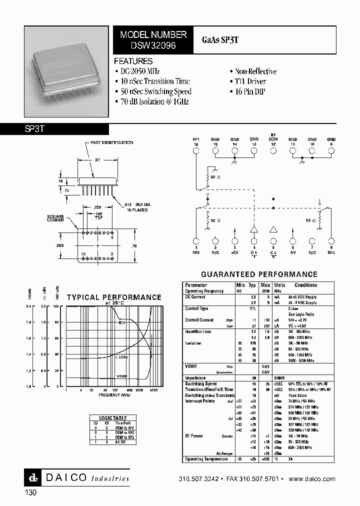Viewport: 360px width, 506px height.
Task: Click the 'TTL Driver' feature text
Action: click(x=250, y=81)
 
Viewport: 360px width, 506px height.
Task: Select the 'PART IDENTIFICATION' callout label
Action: click(x=111, y=143)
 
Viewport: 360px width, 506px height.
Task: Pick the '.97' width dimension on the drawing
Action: click(x=97, y=160)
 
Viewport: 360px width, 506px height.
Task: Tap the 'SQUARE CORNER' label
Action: click(x=55, y=218)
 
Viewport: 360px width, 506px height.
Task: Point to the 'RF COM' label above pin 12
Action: click(x=273, y=137)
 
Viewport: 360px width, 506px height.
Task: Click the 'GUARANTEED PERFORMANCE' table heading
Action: click(x=259, y=274)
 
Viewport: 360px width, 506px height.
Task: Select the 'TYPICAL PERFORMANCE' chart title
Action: click(x=114, y=297)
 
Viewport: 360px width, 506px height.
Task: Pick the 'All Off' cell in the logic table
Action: click(x=119, y=442)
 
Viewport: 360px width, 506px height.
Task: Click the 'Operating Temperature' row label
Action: click(x=206, y=459)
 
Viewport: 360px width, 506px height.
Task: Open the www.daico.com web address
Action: click(x=312, y=479)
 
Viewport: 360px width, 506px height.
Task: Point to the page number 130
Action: click(x=30, y=492)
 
